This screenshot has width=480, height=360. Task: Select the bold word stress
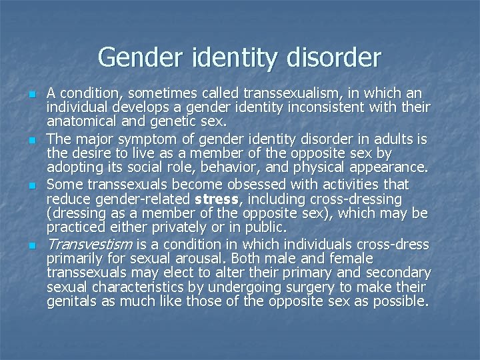point(217,199)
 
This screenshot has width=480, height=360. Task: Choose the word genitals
point(71,303)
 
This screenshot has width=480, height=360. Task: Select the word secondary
point(400,272)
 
